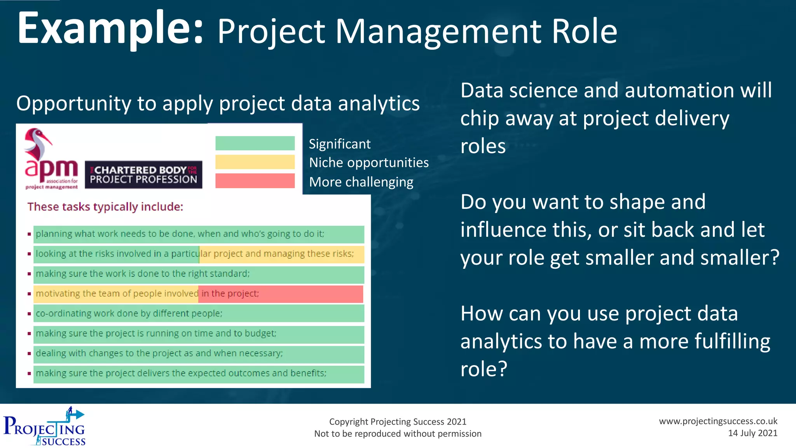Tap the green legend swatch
click(x=255, y=143)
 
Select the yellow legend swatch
click(x=255, y=162)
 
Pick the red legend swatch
click(x=255, y=181)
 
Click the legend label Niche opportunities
click(x=368, y=163)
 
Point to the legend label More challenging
click(x=361, y=182)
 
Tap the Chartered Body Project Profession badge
click(x=143, y=175)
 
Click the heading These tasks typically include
click(x=105, y=206)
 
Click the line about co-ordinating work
click(x=129, y=313)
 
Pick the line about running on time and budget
click(x=156, y=333)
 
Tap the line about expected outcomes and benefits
click(x=181, y=373)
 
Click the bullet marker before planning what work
click(x=29, y=234)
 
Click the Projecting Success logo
click(x=44, y=427)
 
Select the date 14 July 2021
click(x=752, y=433)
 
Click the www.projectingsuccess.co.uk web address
click(x=718, y=421)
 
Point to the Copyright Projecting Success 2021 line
click(x=398, y=422)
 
